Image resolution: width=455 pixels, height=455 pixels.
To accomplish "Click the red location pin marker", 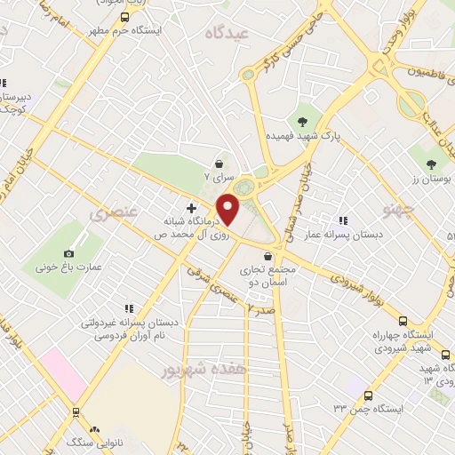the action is [x=228, y=210].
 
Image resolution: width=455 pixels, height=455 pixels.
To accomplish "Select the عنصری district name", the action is [x=113, y=214].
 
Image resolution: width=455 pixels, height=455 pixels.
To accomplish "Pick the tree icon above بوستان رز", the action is [x=432, y=163].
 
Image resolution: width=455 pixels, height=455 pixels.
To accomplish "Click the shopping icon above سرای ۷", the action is [x=219, y=164].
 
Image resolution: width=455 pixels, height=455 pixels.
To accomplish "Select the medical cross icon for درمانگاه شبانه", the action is [x=191, y=207].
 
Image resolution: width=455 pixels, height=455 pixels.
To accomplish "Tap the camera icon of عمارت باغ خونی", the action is [x=69, y=253].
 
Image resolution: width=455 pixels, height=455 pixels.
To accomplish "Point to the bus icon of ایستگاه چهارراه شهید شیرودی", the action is [x=403, y=322].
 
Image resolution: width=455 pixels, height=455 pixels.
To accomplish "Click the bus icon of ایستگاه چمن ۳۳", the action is [x=369, y=395].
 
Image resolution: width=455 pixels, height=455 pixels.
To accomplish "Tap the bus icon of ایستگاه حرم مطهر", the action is [x=125, y=17].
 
